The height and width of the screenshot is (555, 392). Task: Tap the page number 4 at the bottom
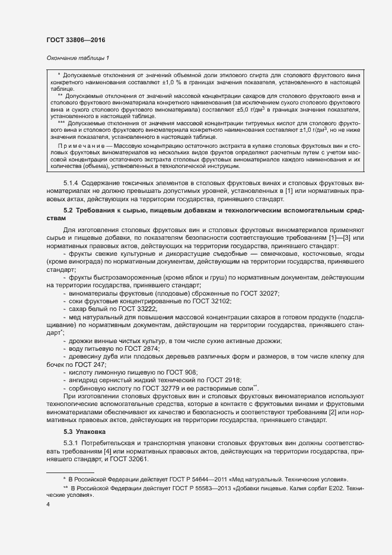[47, 504]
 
